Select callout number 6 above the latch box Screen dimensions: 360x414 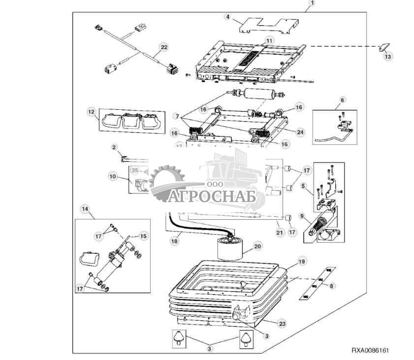(x=342, y=99)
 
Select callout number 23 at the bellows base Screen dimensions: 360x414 (x=281, y=324)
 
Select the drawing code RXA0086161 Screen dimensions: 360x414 (x=370, y=351)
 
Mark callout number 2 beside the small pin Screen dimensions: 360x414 (x=114, y=147)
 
